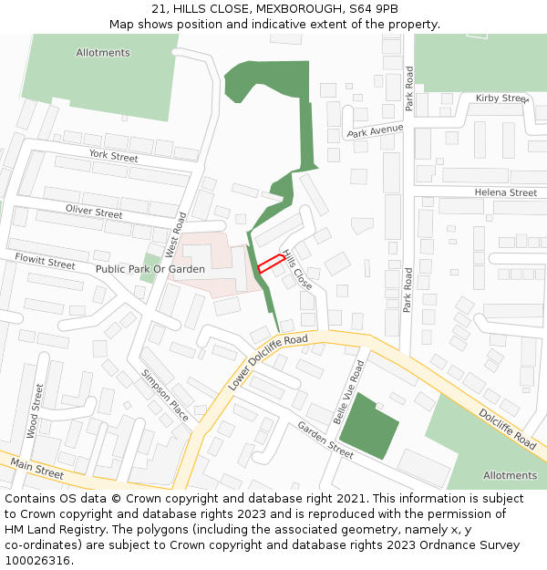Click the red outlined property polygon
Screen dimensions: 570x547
(x=269, y=264)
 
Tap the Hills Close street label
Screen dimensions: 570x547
(x=297, y=270)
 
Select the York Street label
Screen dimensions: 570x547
(x=113, y=157)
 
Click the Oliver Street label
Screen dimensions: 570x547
(x=94, y=212)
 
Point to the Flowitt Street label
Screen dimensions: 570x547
(x=45, y=263)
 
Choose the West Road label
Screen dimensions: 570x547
(x=174, y=234)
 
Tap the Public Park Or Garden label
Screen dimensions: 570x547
(x=150, y=270)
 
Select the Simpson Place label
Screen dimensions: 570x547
(x=165, y=395)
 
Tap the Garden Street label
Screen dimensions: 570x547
(x=325, y=440)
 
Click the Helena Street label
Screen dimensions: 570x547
(x=506, y=193)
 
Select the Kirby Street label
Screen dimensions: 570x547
(x=502, y=98)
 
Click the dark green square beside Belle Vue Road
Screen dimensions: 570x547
(x=368, y=426)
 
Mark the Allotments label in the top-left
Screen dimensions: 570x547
(x=103, y=53)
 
